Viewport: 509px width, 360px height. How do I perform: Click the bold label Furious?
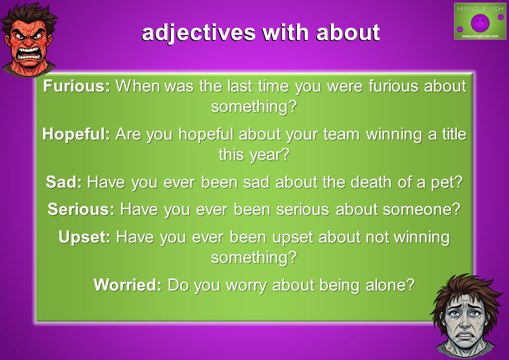pyautogui.click(x=77, y=86)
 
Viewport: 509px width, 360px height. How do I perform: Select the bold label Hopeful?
pyautogui.click(x=76, y=134)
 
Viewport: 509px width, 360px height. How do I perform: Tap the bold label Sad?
pyautogui.click(x=63, y=182)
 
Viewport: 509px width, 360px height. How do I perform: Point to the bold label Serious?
pyautogui.click(x=81, y=209)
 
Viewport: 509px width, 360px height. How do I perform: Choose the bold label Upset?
pyautogui.click(x=85, y=238)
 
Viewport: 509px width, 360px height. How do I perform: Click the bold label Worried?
pyautogui.click(x=127, y=285)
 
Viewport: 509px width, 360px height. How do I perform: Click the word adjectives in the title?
pyautogui.click(x=199, y=33)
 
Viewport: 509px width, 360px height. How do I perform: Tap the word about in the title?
pyautogui.click(x=348, y=33)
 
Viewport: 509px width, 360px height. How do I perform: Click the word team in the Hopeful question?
pyautogui.click(x=341, y=135)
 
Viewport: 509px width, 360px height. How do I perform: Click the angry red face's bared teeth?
pyautogui.click(x=30, y=54)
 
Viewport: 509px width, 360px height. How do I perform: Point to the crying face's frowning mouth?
pyautogui.click(x=465, y=336)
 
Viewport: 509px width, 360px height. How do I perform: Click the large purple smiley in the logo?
pyautogui.click(x=480, y=23)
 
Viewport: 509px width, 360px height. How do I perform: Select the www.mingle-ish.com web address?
pyautogui.click(x=480, y=36)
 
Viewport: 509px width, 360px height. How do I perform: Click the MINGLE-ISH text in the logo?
pyautogui.click(x=480, y=9)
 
